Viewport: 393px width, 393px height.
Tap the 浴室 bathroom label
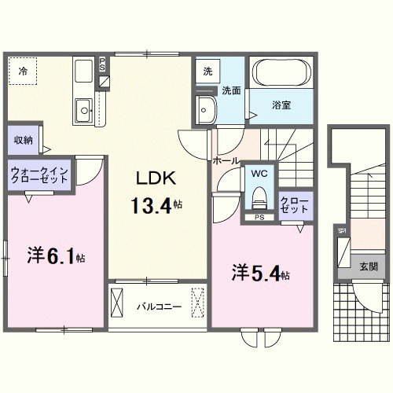pyautogui.click(x=282, y=105)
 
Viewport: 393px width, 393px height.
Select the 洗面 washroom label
pyautogui.click(x=230, y=90)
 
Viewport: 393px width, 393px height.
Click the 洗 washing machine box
pyautogui.click(x=208, y=71)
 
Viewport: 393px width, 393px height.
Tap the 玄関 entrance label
pyautogui.click(x=369, y=266)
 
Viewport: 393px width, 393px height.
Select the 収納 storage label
pyautogui.click(x=23, y=140)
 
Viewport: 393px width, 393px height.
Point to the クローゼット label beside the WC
pyautogui.click(x=296, y=204)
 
